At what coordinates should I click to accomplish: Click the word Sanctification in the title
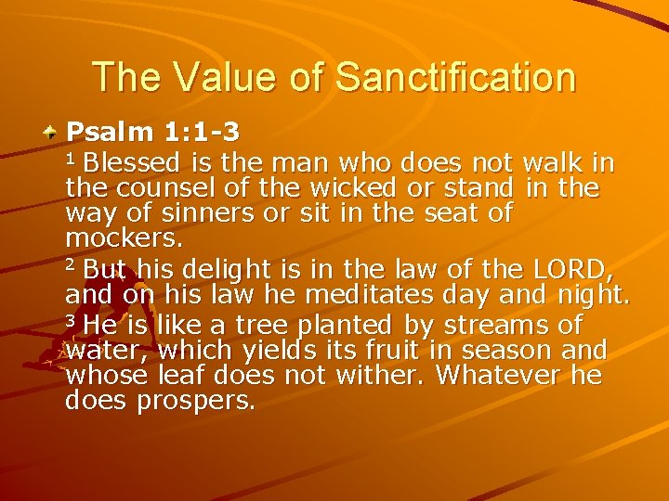[x=456, y=77]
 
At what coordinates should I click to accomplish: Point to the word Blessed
[x=134, y=163]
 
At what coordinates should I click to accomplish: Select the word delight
[x=223, y=270]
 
